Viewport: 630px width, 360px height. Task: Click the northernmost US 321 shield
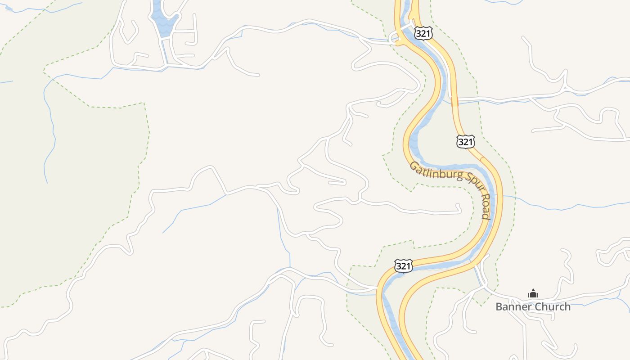pos(424,33)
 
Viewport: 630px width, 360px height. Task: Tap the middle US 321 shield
pos(465,142)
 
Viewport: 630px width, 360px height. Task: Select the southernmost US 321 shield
pos(403,266)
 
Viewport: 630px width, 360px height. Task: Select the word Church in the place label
pos(553,307)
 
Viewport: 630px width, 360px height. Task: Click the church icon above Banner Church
pos(533,294)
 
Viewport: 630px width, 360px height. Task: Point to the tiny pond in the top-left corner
pos(9,8)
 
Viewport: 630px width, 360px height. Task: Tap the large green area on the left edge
pos(54,202)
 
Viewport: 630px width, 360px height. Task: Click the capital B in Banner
pos(499,307)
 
